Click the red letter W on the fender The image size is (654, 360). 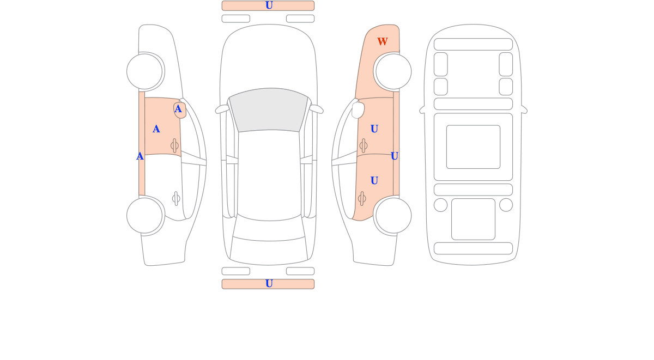[x=382, y=41]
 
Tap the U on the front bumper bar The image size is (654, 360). [x=269, y=5]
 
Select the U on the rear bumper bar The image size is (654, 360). [x=269, y=283]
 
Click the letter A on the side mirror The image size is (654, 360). [x=178, y=109]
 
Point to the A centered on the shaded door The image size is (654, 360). [x=156, y=129]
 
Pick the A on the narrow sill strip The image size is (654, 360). [x=140, y=156]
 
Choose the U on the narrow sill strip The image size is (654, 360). [x=394, y=156]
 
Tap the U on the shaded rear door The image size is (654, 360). [x=374, y=180]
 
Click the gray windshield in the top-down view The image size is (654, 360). [x=269, y=109]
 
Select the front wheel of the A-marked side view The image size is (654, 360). [x=144, y=71]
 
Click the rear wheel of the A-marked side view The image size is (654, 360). [x=144, y=216]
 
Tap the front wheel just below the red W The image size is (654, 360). [x=393, y=71]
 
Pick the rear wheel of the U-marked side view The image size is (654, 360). [x=393, y=216]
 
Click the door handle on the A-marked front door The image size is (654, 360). [x=174, y=145]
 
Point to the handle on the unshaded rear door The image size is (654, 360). [x=176, y=199]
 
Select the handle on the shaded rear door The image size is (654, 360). [x=362, y=199]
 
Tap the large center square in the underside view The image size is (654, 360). [x=473, y=147]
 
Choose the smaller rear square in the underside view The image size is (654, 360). [x=473, y=219]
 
